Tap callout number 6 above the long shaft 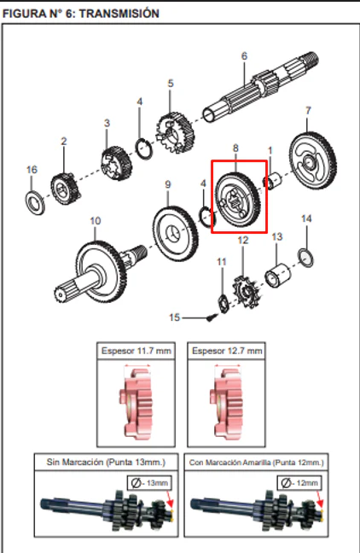pyautogui.click(x=244, y=55)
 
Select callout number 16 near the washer pyautogui.click(x=32, y=170)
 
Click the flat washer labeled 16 pyautogui.click(x=35, y=202)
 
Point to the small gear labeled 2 pyautogui.click(x=65, y=189)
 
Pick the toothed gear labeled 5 pyautogui.click(x=175, y=132)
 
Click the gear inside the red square pyautogui.click(x=238, y=201)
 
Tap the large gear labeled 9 pyautogui.click(x=175, y=234)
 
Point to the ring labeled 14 pyautogui.click(x=305, y=258)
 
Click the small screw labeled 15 pyautogui.click(x=212, y=317)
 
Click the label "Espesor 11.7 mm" pyautogui.click(x=136, y=351)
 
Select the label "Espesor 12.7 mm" pyautogui.click(x=227, y=351)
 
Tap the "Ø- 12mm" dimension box pyautogui.click(x=299, y=482)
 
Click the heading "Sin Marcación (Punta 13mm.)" pyautogui.click(x=106, y=462)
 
